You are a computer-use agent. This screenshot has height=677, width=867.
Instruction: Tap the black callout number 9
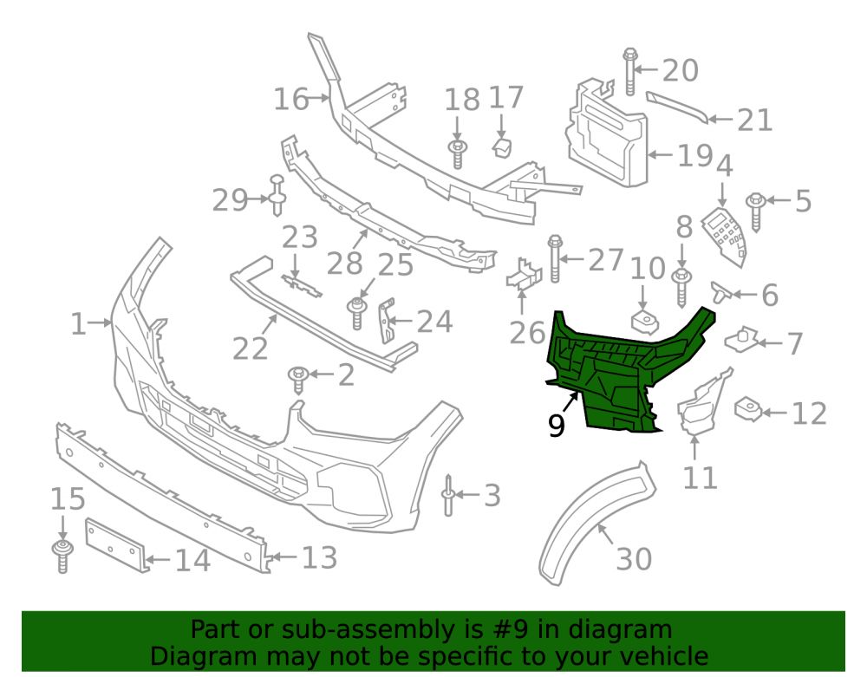click(x=557, y=426)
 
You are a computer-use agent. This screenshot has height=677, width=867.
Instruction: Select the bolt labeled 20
click(x=629, y=72)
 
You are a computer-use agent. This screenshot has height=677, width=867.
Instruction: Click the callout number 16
click(x=291, y=100)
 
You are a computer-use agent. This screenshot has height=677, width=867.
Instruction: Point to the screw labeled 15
click(x=62, y=557)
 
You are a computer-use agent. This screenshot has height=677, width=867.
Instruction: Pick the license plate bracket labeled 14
click(x=116, y=545)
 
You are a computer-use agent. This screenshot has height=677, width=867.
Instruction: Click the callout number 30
click(x=634, y=559)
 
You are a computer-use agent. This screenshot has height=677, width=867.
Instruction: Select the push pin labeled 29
click(x=277, y=195)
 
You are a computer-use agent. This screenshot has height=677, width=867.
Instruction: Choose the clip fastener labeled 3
click(x=448, y=495)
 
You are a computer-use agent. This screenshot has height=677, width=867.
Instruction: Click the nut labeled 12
click(x=748, y=409)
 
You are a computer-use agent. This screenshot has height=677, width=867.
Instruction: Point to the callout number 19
click(x=695, y=156)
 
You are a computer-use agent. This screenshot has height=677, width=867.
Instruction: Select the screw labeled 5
click(x=755, y=212)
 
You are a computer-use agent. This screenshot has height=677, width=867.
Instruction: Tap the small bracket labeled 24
click(x=386, y=321)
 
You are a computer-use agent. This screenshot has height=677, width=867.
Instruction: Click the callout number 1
click(x=78, y=324)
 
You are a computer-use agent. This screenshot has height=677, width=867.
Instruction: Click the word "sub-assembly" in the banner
click(x=382, y=629)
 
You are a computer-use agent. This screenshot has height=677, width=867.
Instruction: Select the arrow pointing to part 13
click(x=282, y=557)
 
